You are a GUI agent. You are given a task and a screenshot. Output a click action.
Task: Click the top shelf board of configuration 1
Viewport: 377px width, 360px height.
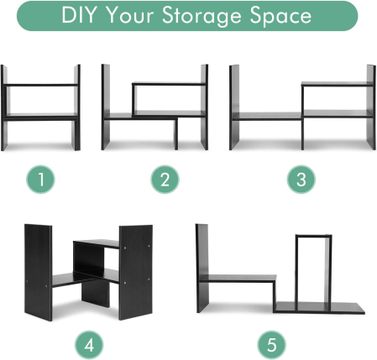coord(41,84)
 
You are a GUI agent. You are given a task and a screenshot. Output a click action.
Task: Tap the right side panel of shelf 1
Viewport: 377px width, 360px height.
coord(77,107)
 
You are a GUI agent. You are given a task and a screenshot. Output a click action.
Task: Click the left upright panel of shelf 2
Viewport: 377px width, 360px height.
coord(106,107)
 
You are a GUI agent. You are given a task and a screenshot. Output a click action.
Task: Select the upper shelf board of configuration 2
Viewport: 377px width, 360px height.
coord(168,84)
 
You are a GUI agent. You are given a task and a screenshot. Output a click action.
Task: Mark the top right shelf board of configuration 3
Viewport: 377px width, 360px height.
coord(336,83)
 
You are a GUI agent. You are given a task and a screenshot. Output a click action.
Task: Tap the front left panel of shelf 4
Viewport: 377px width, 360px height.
coord(39,272)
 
